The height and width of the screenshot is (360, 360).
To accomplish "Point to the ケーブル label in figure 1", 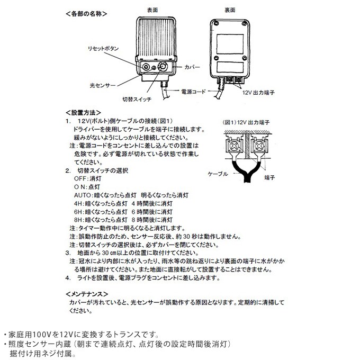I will click(x=218, y=174).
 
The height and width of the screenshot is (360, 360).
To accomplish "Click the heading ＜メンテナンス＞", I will click(x=87, y=293).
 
